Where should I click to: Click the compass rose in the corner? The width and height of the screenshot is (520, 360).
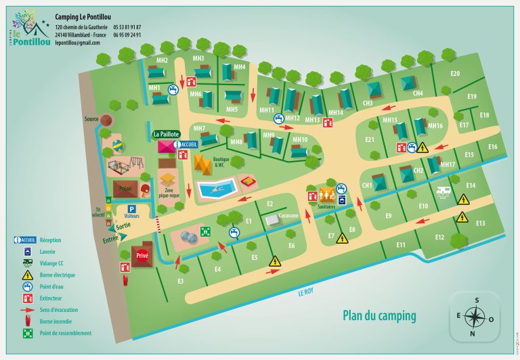475,316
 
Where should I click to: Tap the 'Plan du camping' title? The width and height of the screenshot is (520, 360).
379,315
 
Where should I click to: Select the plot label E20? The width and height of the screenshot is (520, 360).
455,74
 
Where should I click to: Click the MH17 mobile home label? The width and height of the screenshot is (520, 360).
448,164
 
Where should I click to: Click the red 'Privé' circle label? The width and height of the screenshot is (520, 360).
142,256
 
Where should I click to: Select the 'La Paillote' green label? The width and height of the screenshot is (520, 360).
166,134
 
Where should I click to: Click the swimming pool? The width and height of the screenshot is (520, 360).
217,188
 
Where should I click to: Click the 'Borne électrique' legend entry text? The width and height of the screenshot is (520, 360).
58,275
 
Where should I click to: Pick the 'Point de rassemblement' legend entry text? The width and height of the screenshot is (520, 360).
66,333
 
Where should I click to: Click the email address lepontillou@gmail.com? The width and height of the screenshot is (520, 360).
77,43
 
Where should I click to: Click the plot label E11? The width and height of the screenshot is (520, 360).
401,244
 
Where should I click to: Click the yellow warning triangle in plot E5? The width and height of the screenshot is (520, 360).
275,261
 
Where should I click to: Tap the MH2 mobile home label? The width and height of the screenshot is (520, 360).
162,61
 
